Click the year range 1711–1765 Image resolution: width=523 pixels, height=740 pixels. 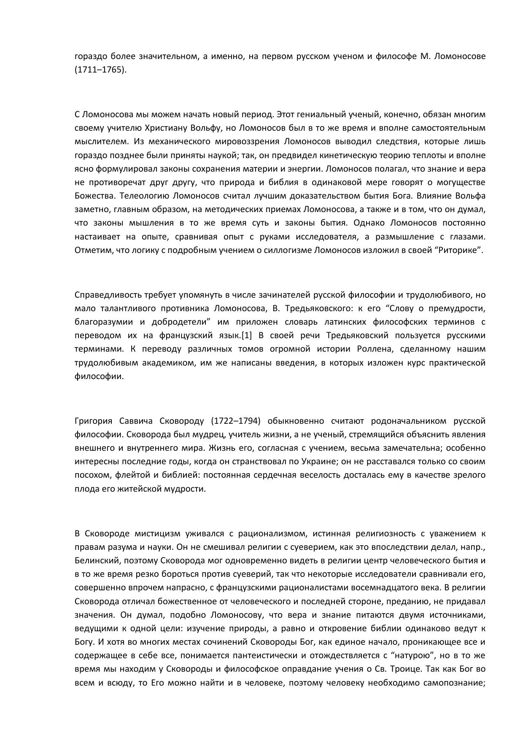pyautogui.click(x=100, y=70)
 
